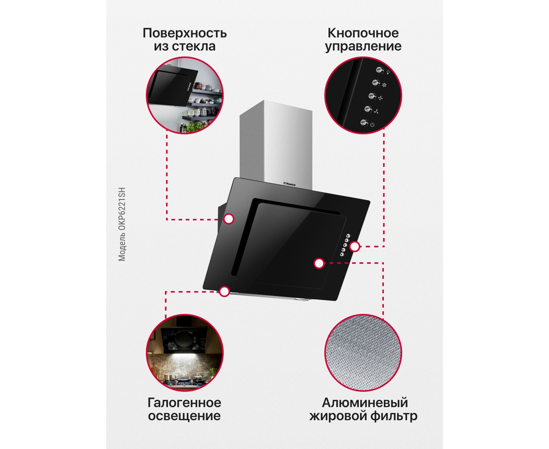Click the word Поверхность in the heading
pyautogui.click(x=185, y=33)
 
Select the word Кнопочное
pyautogui.click(x=363, y=33)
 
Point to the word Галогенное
pyautogui.click(x=184, y=403)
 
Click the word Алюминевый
pyautogui.click(x=365, y=403)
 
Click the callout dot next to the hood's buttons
pyautogui.click(x=355, y=247)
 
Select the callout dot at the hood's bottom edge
pyautogui.click(x=225, y=291)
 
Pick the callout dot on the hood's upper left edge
pyautogui.click(x=229, y=219)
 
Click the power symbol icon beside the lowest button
pyautogui.click(x=372, y=125)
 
